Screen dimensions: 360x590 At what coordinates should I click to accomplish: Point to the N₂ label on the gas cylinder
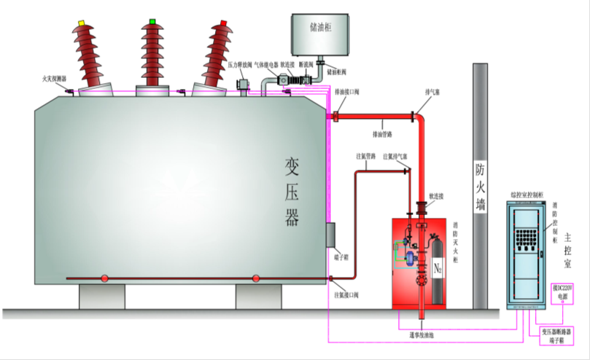[438, 269]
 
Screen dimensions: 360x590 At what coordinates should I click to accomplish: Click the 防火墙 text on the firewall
[480, 186]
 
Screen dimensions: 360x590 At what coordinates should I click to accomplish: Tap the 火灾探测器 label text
[55, 78]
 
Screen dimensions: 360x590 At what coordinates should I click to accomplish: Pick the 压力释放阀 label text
[240, 64]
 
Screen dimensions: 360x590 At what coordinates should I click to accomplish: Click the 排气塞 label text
[432, 93]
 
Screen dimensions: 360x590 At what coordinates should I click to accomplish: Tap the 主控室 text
[573, 249]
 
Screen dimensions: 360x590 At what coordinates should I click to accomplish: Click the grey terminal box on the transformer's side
[329, 235]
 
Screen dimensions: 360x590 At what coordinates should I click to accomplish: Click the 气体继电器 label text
[265, 64]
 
